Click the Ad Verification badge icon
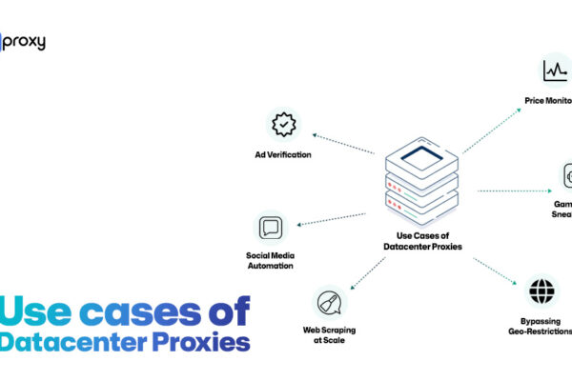(283, 125)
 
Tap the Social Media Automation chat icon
(270, 228)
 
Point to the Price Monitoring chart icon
(555, 70)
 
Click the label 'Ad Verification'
(283, 155)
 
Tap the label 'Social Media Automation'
(270, 261)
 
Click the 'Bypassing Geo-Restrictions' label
(540, 326)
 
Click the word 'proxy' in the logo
(27, 43)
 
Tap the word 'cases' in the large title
(129, 312)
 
